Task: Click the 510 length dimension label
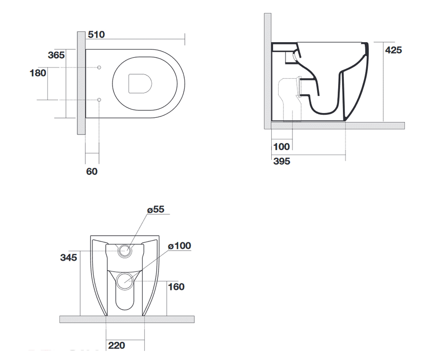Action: pos(96,35)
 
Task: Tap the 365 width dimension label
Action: pos(56,55)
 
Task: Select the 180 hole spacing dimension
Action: pos(38,73)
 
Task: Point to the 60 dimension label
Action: pos(92,171)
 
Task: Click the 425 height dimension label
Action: pos(393,50)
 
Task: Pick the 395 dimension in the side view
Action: pos(282,161)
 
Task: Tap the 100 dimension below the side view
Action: pos(282,147)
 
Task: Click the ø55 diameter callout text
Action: pos(156,210)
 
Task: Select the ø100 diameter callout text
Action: pos(179,246)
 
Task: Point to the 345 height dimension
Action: pos(68,258)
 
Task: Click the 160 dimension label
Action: pos(176,287)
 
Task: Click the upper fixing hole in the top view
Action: pos(99,67)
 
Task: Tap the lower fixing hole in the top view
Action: pos(99,100)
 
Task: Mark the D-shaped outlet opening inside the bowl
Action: pos(140,84)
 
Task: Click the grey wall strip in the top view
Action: pos(81,83)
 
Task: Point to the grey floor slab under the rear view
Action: pos(127,319)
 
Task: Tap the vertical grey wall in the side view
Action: pos(267,71)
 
